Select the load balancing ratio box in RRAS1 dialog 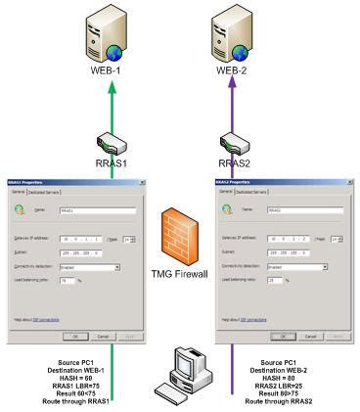[x=68, y=280]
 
